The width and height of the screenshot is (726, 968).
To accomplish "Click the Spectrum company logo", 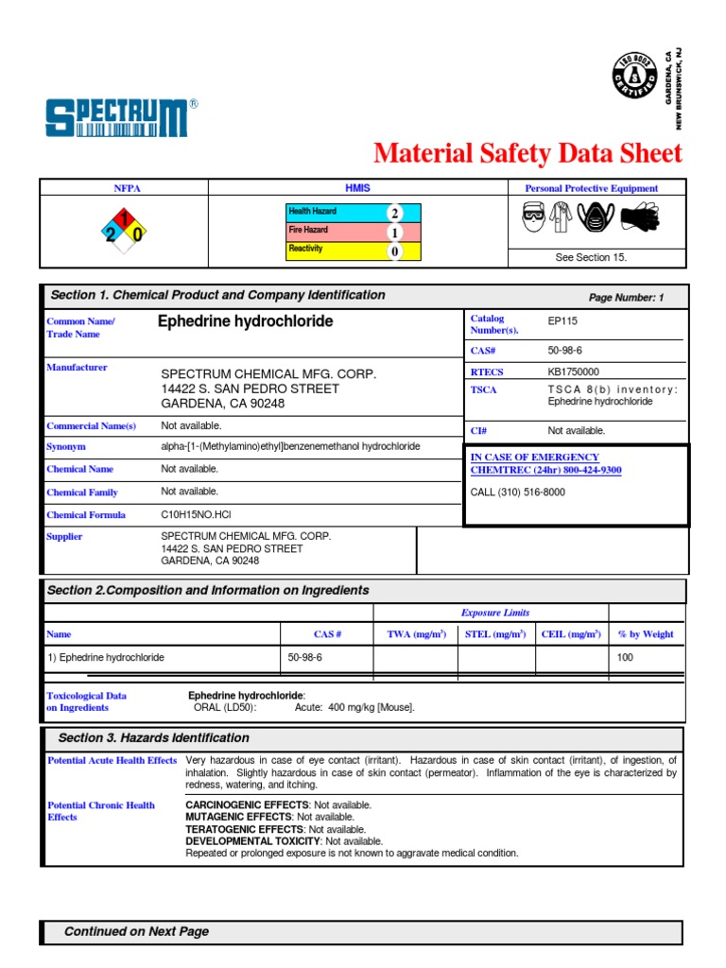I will tap(122, 117).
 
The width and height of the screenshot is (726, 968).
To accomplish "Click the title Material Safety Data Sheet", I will tap(527, 153).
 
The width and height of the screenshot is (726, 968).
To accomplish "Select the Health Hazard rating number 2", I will tap(394, 214).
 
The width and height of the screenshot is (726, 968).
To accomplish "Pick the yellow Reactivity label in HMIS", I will tap(306, 250).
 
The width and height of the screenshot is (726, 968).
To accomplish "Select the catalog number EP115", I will tap(562, 321).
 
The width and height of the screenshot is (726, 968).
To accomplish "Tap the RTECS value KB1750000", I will tap(573, 372).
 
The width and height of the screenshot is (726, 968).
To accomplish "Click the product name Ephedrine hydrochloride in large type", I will tap(245, 321).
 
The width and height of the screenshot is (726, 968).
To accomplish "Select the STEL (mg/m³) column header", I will tap(495, 634).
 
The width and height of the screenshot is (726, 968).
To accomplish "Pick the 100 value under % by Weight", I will tap(625, 657).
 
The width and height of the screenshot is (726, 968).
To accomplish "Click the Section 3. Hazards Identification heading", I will tap(154, 738).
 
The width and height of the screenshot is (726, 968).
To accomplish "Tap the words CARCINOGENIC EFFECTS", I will tap(238, 805).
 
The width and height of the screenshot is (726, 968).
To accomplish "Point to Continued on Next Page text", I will tap(136, 932).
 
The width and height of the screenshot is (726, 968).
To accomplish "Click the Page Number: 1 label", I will tap(626, 298).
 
